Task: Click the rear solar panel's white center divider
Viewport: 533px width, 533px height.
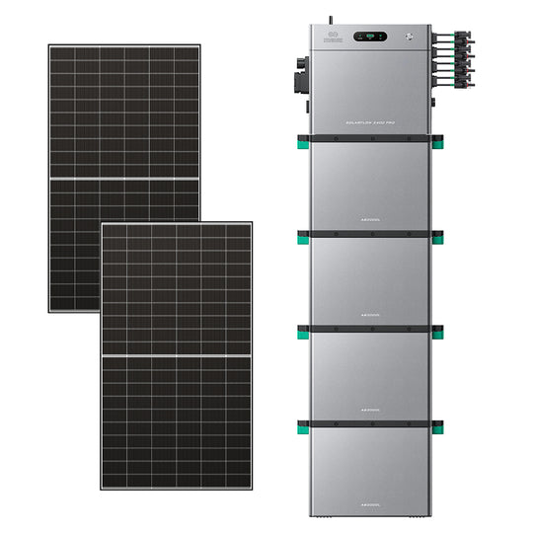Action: pyautogui.click(x=124, y=179)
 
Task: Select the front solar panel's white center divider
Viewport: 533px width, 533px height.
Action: pyautogui.click(x=176, y=353)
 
